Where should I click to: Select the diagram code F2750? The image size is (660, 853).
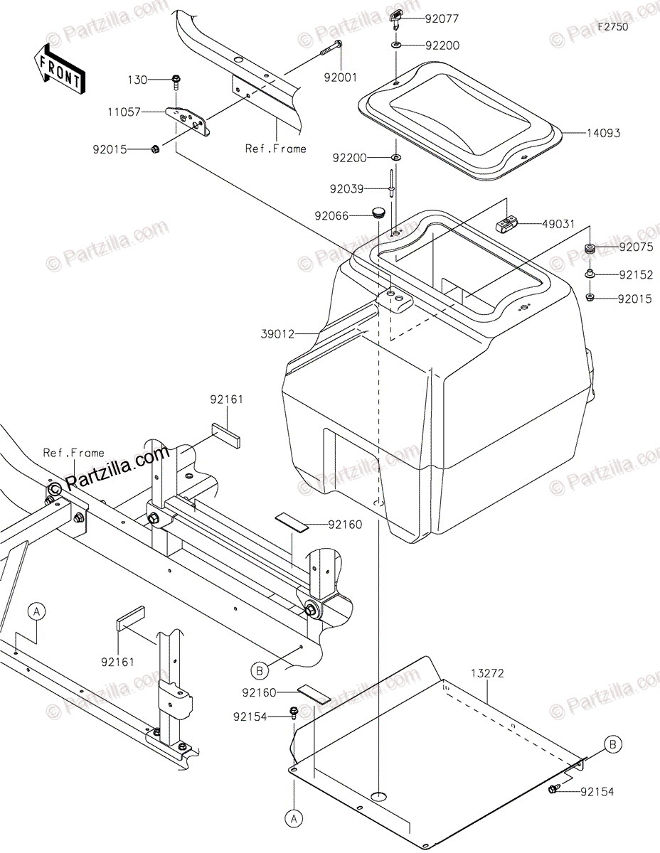pyautogui.click(x=613, y=26)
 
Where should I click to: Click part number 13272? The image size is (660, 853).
pyautogui.click(x=487, y=673)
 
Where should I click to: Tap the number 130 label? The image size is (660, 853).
pyautogui.click(x=138, y=80)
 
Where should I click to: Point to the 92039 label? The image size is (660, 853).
pyautogui.click(x=346, y=189)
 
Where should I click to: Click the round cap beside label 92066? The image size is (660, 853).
pyautogui.click(x=377, y=212)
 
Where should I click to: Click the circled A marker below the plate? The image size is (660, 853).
pyautogui.click(x=293, y=819)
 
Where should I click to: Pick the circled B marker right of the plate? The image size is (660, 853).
pyautogui.click(x=613, y=744)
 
